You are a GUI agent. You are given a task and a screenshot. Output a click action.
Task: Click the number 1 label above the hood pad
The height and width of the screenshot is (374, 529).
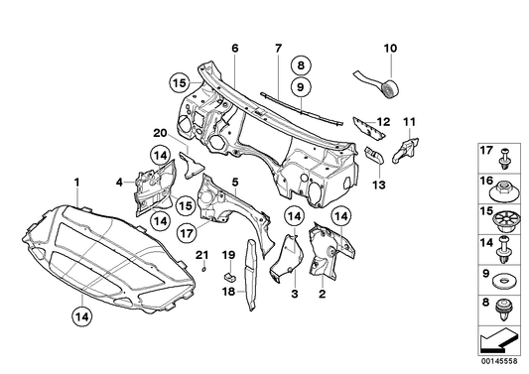click(x=76, y=181)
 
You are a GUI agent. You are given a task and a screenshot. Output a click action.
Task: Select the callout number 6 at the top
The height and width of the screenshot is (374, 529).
click(x=235, y=49)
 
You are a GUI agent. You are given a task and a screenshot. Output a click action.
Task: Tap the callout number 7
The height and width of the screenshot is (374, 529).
click(x=279, y=49)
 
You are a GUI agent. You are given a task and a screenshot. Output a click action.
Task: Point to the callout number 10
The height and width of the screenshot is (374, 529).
click(x=389, y=48)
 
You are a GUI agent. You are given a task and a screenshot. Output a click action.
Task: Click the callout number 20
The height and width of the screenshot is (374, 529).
click(x=160, y=133)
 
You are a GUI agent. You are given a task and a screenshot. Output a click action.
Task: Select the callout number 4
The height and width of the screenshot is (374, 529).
click(x=118, y=182)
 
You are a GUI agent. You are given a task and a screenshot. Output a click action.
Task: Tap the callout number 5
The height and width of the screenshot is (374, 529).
click(x=234, y=182)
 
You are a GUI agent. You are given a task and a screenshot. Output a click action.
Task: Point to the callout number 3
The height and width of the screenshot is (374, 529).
click(x=294, y=294)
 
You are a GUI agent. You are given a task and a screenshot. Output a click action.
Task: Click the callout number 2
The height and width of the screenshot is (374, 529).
click(x=322, y=294)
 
